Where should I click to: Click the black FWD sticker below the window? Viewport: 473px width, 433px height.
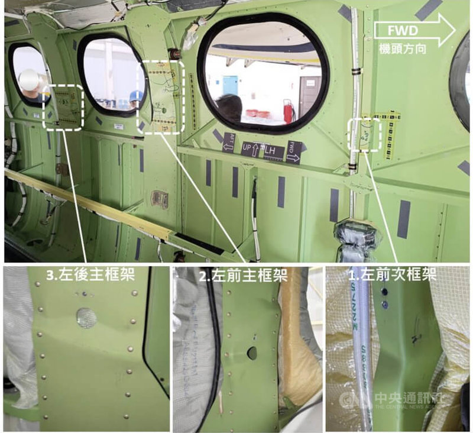click(294, 151)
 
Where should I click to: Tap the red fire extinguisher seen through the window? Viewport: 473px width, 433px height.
click(289, 112)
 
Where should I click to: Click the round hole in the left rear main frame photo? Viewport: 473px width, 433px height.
click(86, 318)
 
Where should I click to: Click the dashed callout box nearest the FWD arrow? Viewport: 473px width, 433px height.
click(363, 134)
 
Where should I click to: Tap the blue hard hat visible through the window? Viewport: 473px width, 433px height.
click(136, 95)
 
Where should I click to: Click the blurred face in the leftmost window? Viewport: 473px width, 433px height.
click(30, 79)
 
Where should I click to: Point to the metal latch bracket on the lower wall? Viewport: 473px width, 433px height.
click(159, 199)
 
